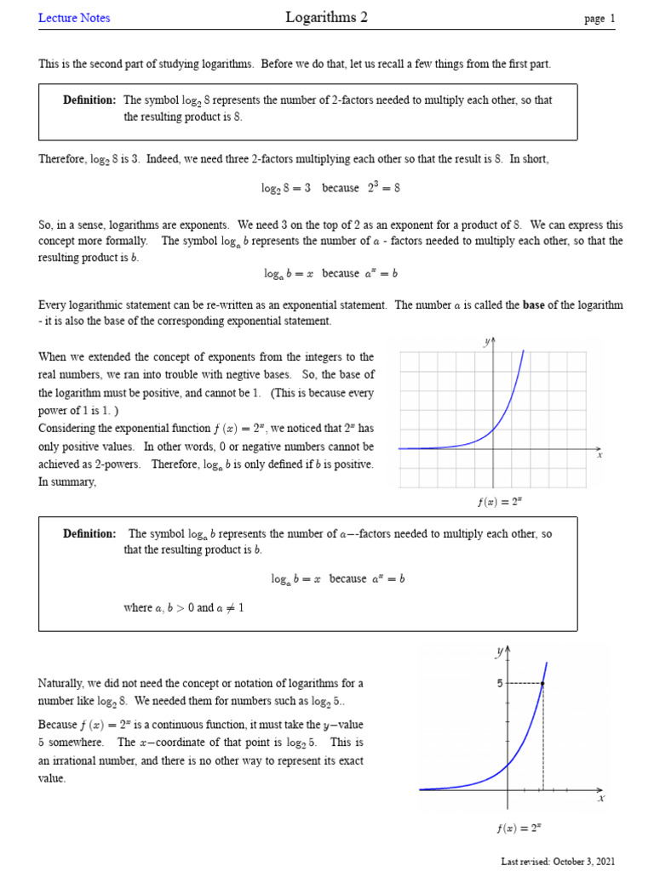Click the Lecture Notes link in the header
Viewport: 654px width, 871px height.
(74, 18)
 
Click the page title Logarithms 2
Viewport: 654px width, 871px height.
(327, 17)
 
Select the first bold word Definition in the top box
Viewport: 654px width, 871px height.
(89, 100)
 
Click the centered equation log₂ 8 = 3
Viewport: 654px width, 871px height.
(286, 188)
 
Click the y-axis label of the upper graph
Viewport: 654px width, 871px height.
(486, 342)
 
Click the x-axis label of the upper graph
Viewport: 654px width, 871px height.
(599, 455)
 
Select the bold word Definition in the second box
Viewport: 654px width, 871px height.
(89, 534)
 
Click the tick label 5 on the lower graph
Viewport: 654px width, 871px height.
(501, 682)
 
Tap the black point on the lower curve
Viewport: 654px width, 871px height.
(543, 683)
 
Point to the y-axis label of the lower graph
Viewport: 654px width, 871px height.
(499, 652)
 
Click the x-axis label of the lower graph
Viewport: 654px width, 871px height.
(600, 799)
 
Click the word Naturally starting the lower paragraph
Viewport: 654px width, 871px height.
(62, 683)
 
